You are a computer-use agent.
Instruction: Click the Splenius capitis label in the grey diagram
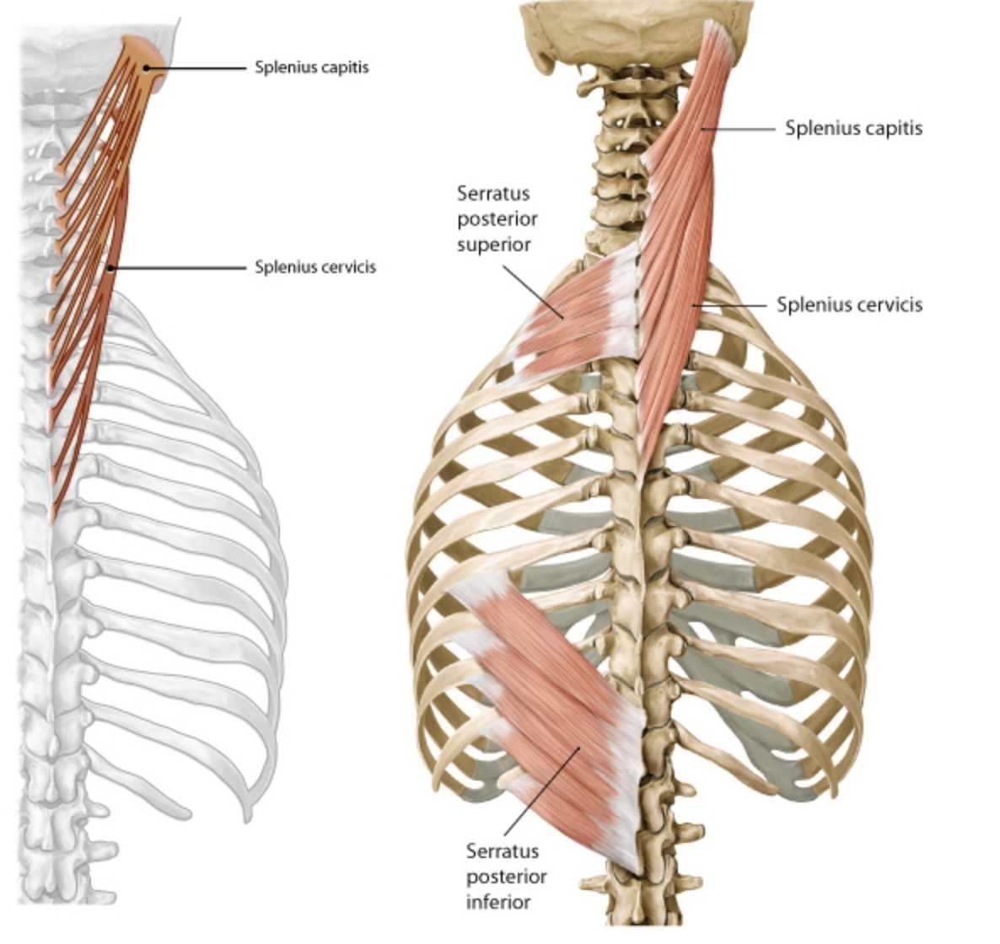311,67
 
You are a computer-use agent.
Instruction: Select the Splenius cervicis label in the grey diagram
315,267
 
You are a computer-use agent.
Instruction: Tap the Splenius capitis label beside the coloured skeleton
853,128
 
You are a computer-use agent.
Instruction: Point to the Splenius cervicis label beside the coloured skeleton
849,304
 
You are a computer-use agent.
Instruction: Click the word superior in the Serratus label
494,244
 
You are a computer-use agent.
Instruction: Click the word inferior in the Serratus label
498,902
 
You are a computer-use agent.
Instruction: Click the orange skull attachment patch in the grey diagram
143,55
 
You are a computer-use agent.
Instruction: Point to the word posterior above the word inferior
506,877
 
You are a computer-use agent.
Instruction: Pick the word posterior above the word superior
497,219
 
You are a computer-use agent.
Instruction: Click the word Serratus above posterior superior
493,193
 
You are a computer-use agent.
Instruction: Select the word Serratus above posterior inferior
503,851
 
